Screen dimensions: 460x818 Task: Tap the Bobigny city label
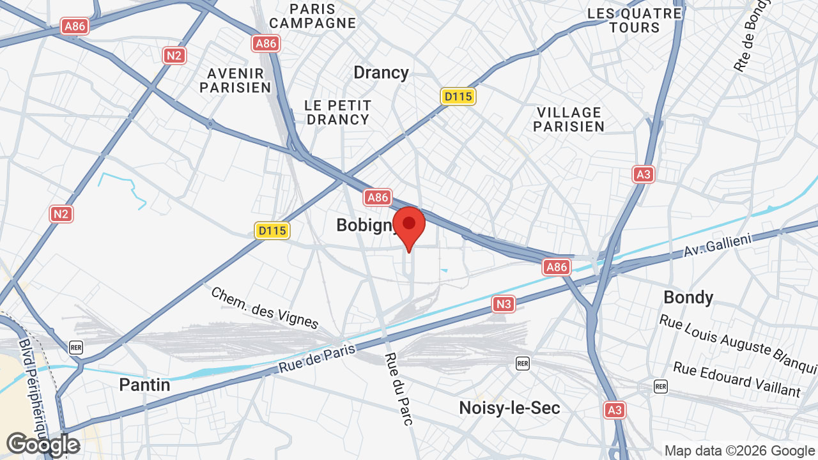point(366,225)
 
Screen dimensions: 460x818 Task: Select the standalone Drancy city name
point(381,72)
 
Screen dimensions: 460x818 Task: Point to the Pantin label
point(144,385)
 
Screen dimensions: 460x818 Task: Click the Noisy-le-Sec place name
point(509,408)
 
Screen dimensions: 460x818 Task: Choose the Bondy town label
point(688,297)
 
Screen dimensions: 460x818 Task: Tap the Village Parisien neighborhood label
point(569,119)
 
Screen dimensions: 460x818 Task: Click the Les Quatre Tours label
point(635,20)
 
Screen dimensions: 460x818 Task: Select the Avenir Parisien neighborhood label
point(235,80)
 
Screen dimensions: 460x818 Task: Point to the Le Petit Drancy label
point(337,112)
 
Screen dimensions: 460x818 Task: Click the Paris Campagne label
point(312,16)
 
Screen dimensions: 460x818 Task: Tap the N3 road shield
point(504,304)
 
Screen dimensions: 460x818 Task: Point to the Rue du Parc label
point(399,388)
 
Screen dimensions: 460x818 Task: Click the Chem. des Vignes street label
point(264,307)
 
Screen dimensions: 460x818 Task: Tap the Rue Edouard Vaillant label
point(736,379)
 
